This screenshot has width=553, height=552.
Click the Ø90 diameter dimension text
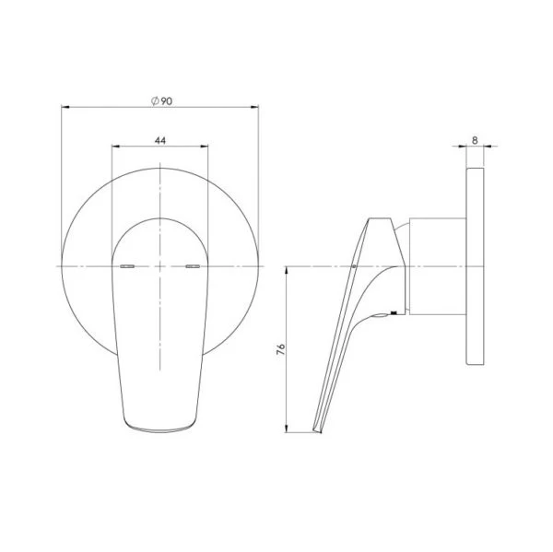[x=160, y=101]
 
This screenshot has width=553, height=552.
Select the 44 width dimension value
[x=160, y=140]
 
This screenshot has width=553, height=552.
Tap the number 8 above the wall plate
[x=475, y=140]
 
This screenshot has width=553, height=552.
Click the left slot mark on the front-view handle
[x=128, y=266]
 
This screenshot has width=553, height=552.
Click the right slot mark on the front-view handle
[x=193, y=266]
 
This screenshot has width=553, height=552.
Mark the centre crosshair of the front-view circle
[x=160, y=266]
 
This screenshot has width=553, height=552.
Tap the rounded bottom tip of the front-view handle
[x=160, y=426]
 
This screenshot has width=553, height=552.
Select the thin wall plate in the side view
[x=477, y=266]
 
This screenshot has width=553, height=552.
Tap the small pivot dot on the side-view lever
[x=354, y=268]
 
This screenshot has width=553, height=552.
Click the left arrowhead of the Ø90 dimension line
[x=65, y=109]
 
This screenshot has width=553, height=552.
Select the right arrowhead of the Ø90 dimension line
[x=256, y=109]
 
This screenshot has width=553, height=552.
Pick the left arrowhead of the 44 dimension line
[x=114, y=147]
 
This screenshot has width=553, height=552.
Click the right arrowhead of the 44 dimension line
[x=206, y=147]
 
